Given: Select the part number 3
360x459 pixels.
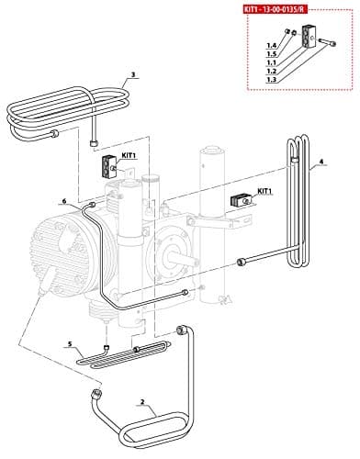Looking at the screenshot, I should [133, 75].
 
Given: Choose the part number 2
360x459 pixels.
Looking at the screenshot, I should [142, 401].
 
